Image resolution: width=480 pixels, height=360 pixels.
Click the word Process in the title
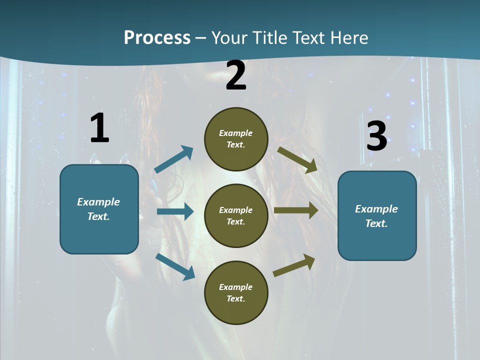click(x=157, y=38)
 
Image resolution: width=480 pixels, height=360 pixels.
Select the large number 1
click(x=99, y=128)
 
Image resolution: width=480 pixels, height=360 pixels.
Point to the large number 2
click(x=236, y=75)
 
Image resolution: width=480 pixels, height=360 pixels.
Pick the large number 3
click(x=376, y=136)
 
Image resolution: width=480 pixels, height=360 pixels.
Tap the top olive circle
click(x=236, y=139)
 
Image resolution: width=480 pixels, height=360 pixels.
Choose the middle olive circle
click(x=236, y=215)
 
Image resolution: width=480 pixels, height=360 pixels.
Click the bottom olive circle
click(x=236, y=292)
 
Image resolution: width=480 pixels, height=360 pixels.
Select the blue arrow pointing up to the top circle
click(x=174, y=159)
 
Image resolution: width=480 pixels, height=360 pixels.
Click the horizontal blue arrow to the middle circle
click(x=175, y=211)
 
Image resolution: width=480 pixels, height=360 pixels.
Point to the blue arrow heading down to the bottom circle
click(x=175, y=266)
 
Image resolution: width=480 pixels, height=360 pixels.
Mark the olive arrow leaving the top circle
click(x=297, y=159)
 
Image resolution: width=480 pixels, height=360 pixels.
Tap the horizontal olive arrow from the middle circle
click(x=296, y=210)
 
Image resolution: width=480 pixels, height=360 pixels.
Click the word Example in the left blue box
click(x=98, y=202)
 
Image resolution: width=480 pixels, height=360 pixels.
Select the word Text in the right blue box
click(x=375, y=223)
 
